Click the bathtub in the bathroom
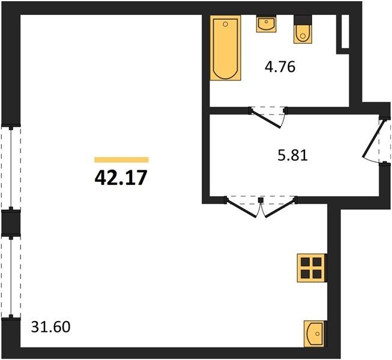[x=225, y=48]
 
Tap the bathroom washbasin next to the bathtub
[x=266, y=23]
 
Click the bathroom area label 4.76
[x=280, y=67]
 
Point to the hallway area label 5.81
[x=292, y=155]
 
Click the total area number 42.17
[x=121, y=178]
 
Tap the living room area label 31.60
[x=51, y=327]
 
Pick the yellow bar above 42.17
[x=121, y=160]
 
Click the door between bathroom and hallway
[x=267, y=119]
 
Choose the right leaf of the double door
[x=280, y=208]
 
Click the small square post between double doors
[x=261, y=200]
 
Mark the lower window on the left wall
[x=11, y=277]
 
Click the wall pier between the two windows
[x=11, y=223]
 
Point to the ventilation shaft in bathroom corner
[x=345, y=31]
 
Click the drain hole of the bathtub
[x=225, y=24]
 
